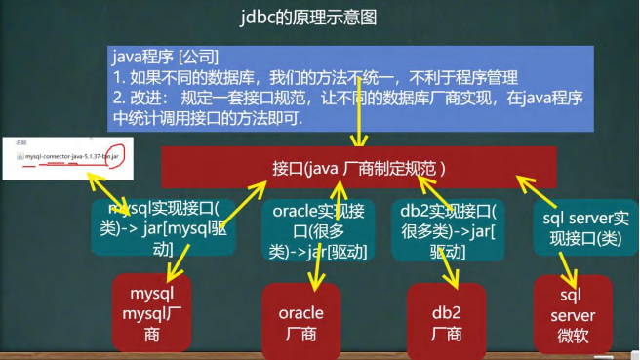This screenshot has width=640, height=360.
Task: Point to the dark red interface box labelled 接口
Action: click(x=360, y=167)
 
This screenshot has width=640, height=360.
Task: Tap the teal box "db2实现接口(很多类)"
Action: click(x=447, y=230)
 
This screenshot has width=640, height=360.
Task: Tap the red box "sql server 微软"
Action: click(x=573, y=314)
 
